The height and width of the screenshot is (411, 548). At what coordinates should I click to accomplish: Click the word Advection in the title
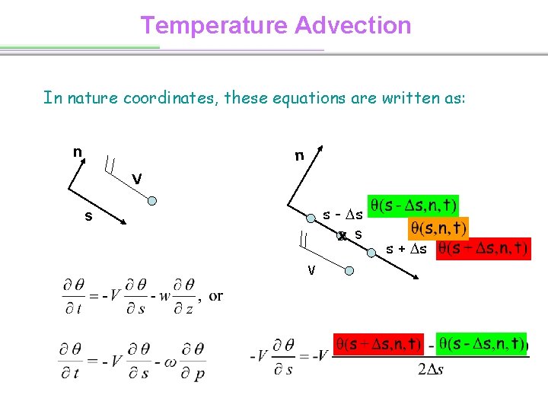point(352,25)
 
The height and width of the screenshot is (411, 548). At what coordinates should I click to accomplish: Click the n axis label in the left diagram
point(78,151)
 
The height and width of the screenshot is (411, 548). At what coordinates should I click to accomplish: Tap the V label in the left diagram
point(136,179)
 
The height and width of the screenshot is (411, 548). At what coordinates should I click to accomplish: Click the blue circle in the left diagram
point(151,201)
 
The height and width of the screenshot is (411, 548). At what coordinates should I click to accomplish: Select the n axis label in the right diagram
point(300,156)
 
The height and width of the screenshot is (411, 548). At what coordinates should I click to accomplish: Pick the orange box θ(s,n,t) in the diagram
point(439,227)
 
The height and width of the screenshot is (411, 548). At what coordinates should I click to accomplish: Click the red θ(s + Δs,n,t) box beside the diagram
point(483,248)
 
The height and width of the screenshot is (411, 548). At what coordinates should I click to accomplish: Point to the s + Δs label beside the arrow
point(406,249)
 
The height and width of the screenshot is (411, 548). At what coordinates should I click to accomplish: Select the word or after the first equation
point(216,295)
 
